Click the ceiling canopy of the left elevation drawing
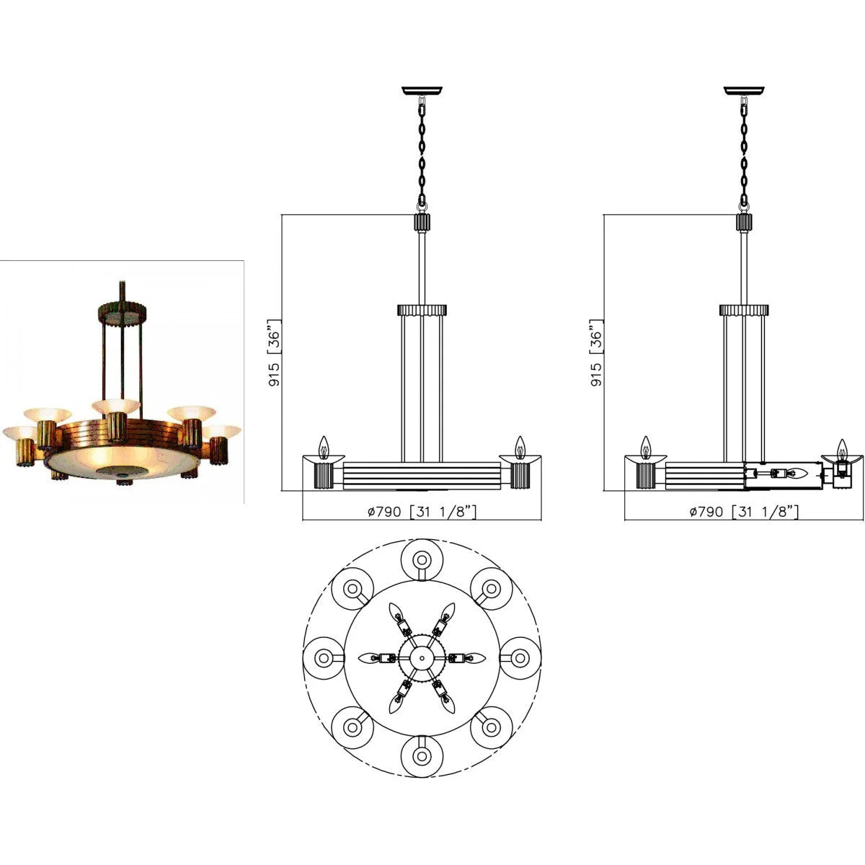coord(422,91)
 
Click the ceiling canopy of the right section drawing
coord(744,91)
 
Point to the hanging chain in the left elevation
coord(422,151)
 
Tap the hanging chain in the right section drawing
coord(744,151)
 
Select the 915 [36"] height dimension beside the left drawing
coord(275,353)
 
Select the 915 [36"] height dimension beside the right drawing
coord(597,353)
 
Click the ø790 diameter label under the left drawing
coord(422,512)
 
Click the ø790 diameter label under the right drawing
coord(744,512)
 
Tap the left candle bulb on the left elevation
coord(324,447)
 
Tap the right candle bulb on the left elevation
coord(519,447)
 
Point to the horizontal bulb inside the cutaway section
coord(797,474)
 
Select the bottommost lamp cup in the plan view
coord(421,755)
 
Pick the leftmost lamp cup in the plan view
coord(324,657)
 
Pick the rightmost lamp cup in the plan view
coord(519,657)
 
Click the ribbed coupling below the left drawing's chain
coord(422,221)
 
